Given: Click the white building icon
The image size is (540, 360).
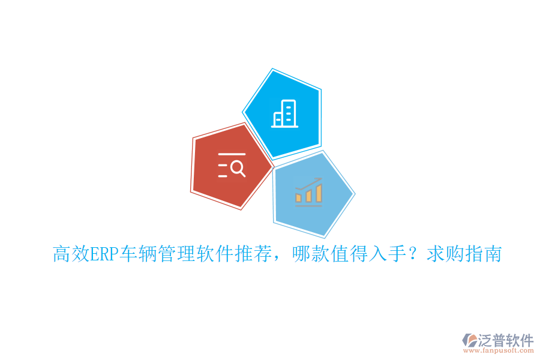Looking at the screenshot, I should coord(284,113).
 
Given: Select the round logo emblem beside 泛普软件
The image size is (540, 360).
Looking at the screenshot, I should coord(468,343).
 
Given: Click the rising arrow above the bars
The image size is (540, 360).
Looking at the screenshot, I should coord(310,182).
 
